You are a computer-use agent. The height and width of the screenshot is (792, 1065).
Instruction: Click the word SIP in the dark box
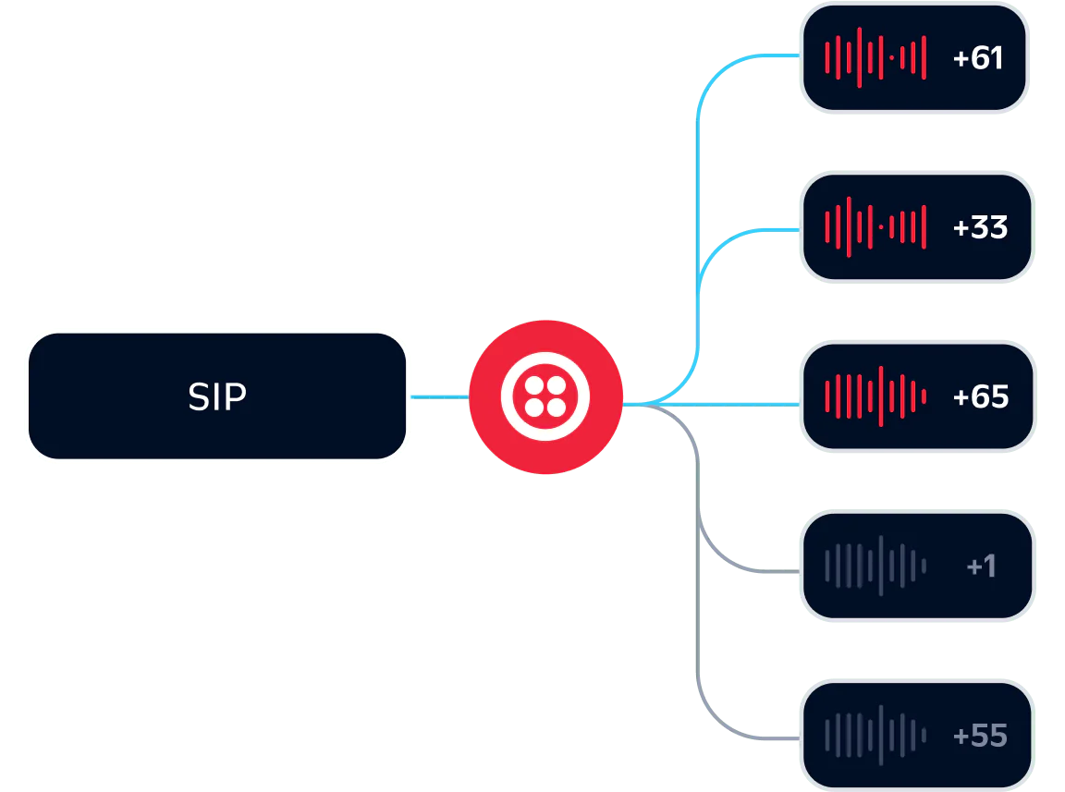tap(217, 396)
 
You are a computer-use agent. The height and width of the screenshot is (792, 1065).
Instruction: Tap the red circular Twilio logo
tap(545, 396)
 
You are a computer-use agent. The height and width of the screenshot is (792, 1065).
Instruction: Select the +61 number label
tap(977, 58)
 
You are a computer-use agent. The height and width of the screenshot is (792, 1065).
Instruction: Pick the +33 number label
tap(980, 227)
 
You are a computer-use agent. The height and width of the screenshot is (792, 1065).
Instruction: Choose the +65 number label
tap(980, 396)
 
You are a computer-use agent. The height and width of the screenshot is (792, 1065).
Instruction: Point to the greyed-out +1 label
tap(981, 566)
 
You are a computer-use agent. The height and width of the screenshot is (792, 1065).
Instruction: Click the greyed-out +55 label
tap(980, 736)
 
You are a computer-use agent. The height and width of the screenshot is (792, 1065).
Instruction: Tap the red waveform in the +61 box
tap(875, 58)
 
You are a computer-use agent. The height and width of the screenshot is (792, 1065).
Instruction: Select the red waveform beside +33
tap(875, 227)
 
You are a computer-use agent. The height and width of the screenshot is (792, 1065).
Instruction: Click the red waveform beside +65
tap(875, 396)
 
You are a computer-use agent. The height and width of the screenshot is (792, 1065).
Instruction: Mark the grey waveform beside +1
tap(875, 566)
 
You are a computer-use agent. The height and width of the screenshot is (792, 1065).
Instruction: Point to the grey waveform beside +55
tap(875, 736)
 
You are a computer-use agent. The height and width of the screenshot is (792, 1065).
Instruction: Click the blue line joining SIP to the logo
tap(440, 396)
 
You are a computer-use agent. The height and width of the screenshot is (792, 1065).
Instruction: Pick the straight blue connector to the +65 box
tap(740, 405)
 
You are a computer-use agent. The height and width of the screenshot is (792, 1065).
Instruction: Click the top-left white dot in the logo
tap(534, 385)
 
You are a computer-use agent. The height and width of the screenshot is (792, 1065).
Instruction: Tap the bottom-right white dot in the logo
tap(557, 408)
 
